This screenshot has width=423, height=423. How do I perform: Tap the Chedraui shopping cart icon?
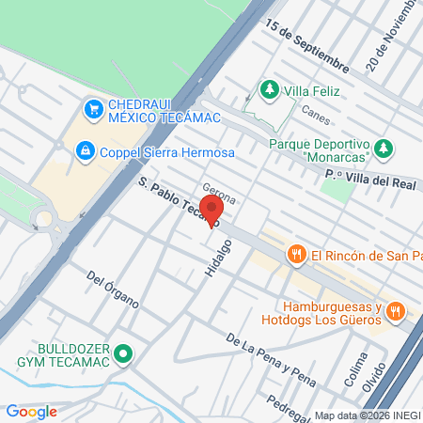pos(93,110)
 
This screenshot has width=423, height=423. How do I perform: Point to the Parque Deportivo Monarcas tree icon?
pos(383,148)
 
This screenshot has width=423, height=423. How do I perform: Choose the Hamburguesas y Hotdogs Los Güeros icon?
pos(395,310)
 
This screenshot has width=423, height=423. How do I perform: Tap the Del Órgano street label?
pos(113,290)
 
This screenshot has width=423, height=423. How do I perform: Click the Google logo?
pos(31,411)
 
